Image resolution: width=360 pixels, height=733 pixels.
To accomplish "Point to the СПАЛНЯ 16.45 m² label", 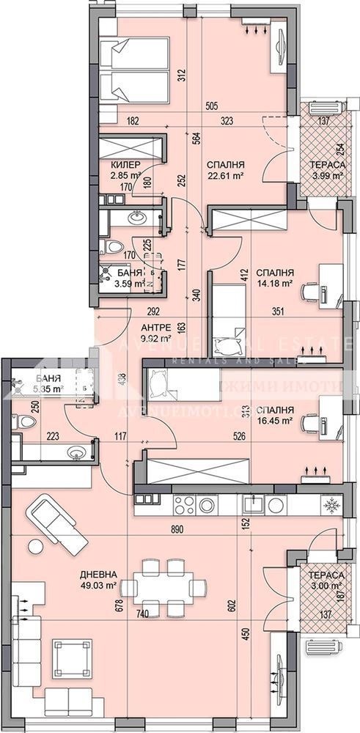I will click(275, 415).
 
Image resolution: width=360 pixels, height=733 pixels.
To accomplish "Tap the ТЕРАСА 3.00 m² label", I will click(326, 581).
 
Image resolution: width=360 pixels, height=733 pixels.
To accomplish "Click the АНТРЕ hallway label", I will click(155, 327).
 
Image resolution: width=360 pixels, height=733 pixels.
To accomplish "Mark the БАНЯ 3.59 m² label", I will click(128, 278).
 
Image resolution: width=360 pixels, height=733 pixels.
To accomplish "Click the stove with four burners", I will click(190, 505).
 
